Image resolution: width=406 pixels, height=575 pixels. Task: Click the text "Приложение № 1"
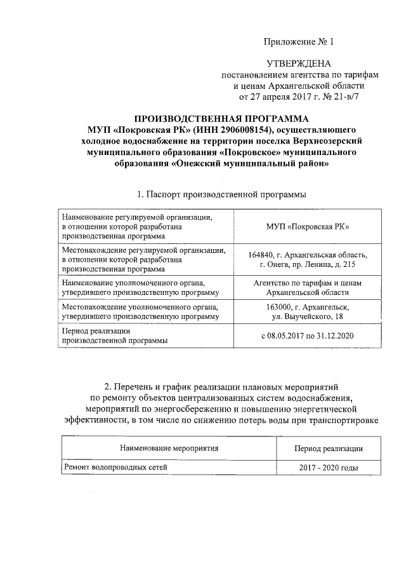[298, 42]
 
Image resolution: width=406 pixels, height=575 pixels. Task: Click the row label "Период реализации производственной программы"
[114, 335]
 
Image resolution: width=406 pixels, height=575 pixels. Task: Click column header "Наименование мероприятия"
[169, 448]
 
